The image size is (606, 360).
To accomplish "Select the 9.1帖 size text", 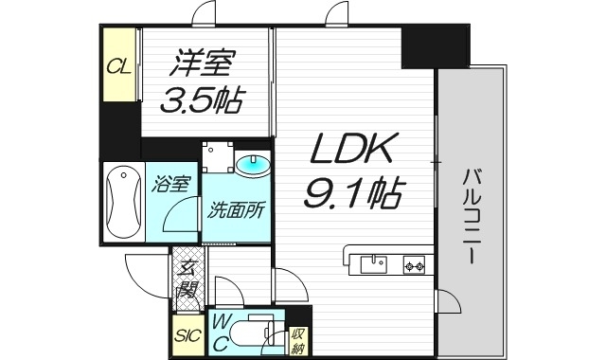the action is click(351, 194).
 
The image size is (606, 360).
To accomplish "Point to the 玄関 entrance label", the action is click(188, 278).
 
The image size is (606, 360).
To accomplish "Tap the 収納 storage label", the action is click(298, 338).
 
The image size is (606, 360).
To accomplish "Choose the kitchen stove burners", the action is click(414, 263).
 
